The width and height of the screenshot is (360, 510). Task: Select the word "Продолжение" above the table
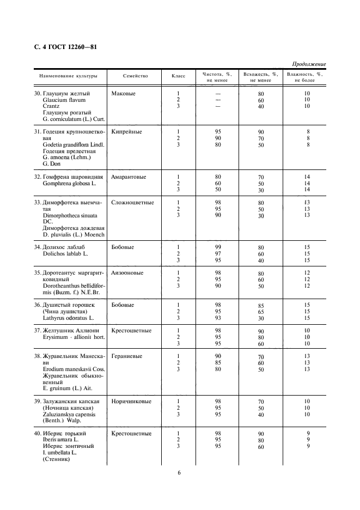click(309, 64)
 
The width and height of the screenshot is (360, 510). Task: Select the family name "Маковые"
click(123, 93)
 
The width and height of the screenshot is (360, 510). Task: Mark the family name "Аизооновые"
click(127, 272)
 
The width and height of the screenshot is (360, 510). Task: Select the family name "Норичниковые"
click(131, 401)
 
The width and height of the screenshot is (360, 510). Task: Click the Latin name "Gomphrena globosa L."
click(69, 184)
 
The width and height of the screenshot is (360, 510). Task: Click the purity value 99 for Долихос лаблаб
click(218, 247)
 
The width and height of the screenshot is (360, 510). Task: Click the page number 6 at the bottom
click(179, 472)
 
